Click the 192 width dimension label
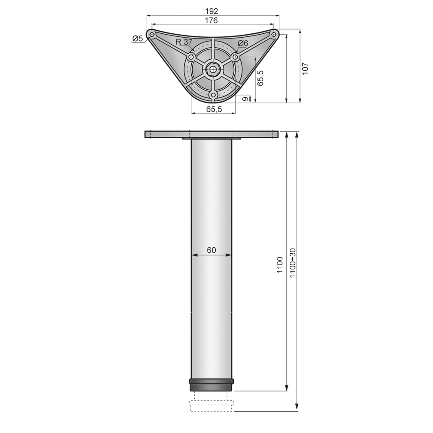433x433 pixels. [212, 11]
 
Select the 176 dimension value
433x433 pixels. [212, 20]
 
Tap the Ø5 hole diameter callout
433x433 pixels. [137, 39]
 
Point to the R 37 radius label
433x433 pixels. [184, 42]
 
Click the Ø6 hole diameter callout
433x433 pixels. [243, 43]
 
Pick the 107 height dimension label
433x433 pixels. [305, 68]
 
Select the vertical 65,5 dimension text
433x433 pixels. [260, 78]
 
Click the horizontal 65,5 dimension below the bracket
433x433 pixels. [214, 109]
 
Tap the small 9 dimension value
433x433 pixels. [245, 99]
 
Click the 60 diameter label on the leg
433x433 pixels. [211, 250]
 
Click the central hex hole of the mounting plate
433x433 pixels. [213, 68]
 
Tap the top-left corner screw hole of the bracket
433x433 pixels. [152, 34]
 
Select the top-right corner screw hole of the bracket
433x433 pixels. [274, 34]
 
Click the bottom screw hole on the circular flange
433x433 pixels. [213, 94]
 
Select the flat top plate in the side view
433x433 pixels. [211, 134]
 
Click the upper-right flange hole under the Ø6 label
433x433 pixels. [235, 56]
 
